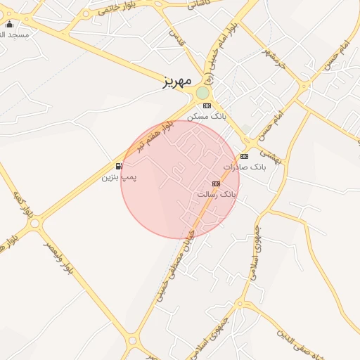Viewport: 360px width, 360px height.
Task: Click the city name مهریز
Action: click(176, 81)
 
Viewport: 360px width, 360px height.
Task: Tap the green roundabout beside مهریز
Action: click(202, 93)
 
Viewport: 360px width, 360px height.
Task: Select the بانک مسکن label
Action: click(207, 116)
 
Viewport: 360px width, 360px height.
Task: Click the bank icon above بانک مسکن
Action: click(207, 105)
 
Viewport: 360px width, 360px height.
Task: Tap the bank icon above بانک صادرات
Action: click(244, 156)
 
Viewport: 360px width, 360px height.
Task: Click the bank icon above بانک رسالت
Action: click(216, 184)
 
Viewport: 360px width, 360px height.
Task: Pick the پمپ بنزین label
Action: click(120, 177)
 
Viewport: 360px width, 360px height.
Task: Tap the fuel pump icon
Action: click(119, 167)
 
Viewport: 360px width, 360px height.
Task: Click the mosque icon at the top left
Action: click(9, 25)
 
